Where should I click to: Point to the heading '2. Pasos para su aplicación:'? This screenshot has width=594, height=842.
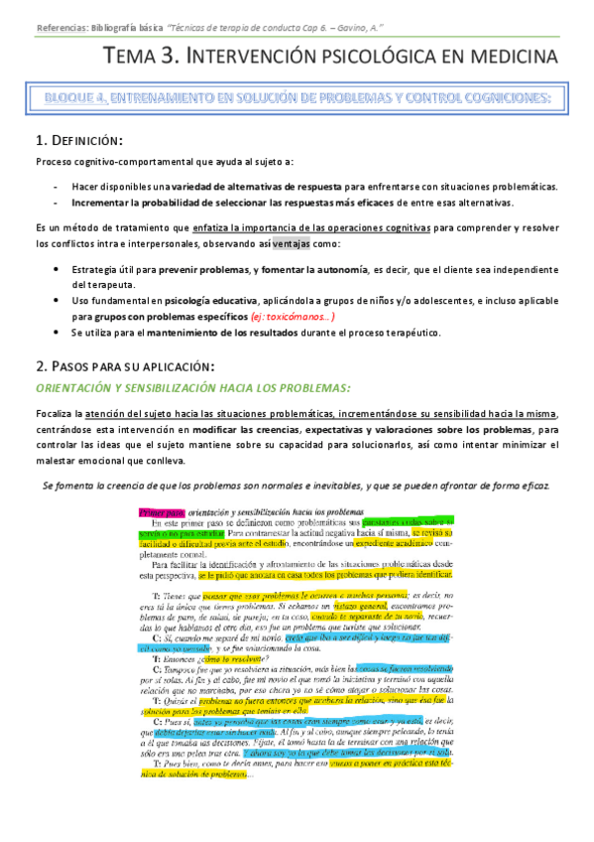click(x=125, y=364)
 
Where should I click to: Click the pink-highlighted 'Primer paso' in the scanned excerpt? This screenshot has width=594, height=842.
click(x=155, y=511)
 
